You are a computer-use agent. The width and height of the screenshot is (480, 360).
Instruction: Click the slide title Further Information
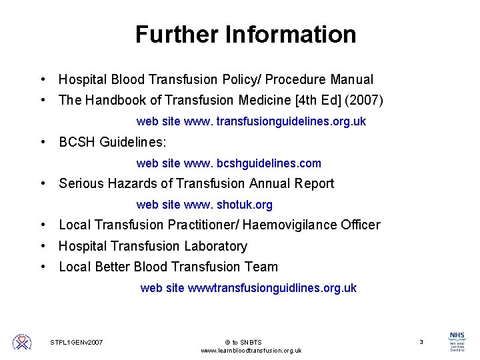(245, 34)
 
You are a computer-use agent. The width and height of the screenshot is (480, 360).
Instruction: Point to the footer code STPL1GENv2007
(77, 342)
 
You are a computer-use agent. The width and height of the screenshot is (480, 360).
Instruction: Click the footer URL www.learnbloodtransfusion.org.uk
(251, 351)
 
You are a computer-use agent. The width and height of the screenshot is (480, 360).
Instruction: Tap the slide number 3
(421, 342)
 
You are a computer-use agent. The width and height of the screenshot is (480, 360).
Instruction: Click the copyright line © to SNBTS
(243, 342)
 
